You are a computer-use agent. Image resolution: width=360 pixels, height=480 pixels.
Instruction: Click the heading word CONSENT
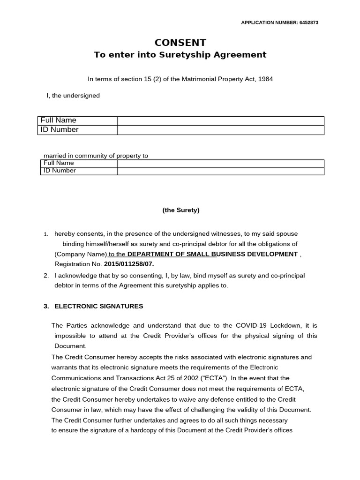tap(180, 43)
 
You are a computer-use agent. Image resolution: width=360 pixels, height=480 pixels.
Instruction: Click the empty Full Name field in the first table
tap(220, 120)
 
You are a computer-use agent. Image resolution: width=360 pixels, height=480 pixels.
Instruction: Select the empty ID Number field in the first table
tap(220, 130)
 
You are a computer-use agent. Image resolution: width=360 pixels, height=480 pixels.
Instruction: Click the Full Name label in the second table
tap(59, 163)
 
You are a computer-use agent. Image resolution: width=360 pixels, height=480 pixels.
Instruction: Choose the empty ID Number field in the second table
tap(220, 171)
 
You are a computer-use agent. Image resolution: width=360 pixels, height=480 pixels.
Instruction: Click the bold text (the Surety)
tap(181, 210)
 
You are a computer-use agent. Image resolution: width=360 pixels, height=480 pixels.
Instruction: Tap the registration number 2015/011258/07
tap(129, 264)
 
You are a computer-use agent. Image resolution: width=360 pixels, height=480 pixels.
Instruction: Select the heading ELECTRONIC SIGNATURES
tap(98, 306)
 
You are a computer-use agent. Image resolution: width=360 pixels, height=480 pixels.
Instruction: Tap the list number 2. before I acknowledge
tap(46, 276)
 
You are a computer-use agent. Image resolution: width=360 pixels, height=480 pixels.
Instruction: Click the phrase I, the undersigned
tap(73, 96)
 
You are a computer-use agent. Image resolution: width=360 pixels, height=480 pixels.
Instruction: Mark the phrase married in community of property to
tap(96, 156)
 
